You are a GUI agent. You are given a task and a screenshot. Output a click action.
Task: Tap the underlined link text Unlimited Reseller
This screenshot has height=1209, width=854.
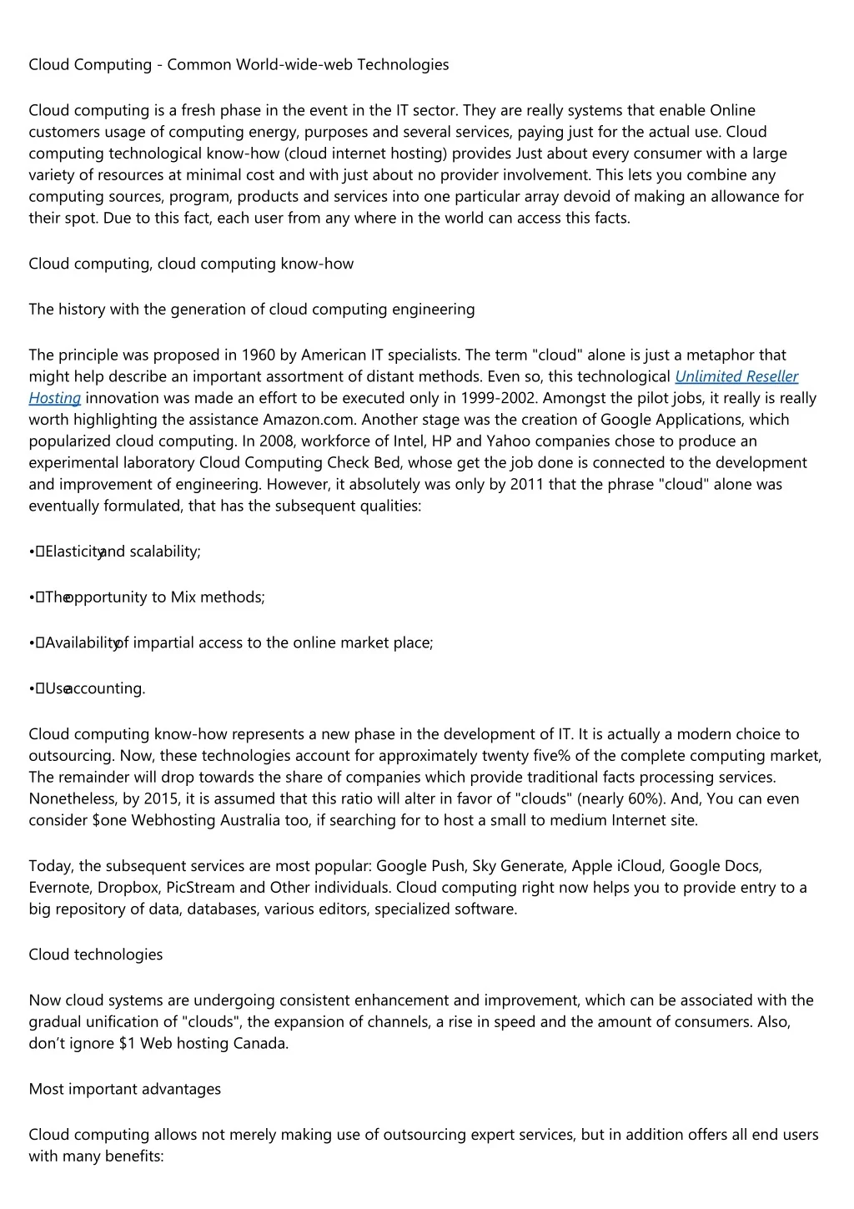coord(736,376)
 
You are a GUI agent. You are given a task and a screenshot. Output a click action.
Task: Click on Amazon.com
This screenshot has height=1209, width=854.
coord(309,420)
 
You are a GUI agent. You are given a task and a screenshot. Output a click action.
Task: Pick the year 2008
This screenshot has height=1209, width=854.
coord(277,441)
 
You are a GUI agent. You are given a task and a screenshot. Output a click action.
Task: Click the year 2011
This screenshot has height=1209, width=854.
coord(526,484)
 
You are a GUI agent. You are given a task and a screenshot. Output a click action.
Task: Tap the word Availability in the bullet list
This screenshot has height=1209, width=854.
coord(82,642)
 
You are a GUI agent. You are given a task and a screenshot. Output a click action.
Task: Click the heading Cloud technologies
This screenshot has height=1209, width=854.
coord(96,955)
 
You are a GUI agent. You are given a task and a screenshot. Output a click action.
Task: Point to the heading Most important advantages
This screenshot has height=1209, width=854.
coord(125,1089)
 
